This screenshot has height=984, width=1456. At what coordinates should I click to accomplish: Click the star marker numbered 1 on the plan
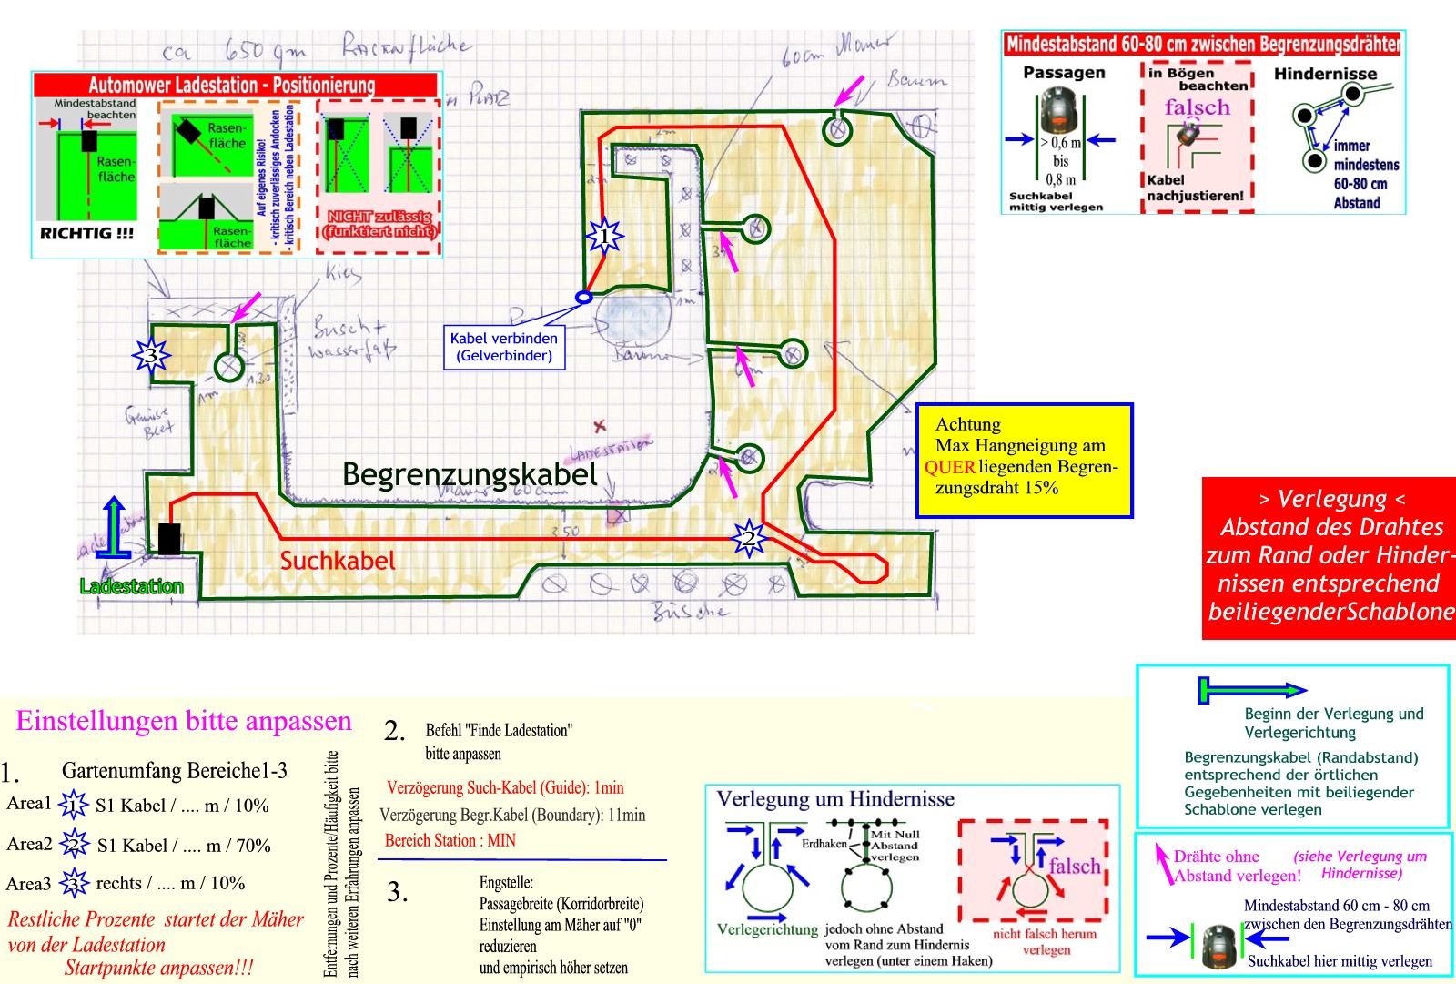point(604,237)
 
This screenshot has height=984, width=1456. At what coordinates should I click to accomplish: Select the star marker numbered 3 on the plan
point(151,354)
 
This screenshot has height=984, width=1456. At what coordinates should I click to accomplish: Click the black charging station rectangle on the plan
point(168,538)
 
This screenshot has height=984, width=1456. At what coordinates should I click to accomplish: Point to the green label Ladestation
point(131,586)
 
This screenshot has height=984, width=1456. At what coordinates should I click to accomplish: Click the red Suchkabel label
point(338,561)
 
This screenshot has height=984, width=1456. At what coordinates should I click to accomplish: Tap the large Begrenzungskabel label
point(470,473)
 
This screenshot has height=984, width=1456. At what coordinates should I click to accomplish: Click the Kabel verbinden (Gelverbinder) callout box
point(504,347)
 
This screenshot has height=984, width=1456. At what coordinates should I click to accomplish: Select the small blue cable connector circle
point(584,297)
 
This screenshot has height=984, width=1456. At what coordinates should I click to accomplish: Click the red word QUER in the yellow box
point(949,467)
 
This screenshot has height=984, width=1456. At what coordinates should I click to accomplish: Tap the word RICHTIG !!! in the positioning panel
point(87,233)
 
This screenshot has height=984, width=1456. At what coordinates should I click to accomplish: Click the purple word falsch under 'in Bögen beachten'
point(1197,107)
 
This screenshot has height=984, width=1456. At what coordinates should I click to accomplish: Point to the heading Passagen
point(1064,73)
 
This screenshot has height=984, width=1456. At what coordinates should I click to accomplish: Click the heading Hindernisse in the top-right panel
point(1325,74)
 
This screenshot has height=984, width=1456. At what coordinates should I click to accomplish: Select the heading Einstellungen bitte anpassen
point(184,721)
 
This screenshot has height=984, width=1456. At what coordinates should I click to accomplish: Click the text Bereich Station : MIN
point(450,840)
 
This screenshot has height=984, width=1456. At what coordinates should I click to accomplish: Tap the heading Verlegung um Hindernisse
point(835,799)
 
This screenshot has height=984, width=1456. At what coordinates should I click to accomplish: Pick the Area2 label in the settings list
point(29,844)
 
